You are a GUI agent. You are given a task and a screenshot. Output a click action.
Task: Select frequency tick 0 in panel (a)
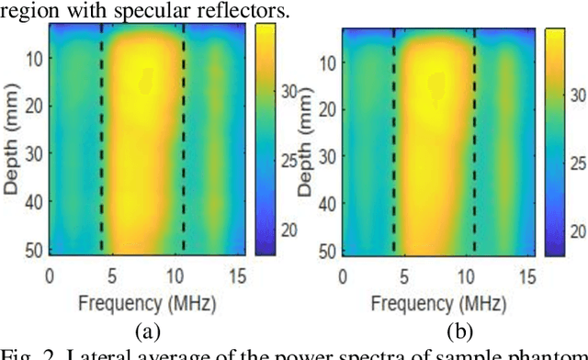51,274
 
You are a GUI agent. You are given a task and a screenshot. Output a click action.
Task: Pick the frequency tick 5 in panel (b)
400,274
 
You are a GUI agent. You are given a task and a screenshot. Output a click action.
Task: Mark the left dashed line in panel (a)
101,138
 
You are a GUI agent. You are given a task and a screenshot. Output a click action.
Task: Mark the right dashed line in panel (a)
184,138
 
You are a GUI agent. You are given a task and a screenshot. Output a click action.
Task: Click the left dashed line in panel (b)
393,138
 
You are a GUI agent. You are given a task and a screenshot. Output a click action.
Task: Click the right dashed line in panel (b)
474,138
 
